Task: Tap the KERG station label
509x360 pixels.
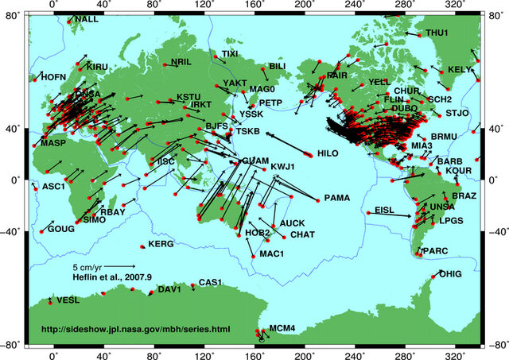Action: click(161, 244)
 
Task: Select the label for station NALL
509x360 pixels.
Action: click(87, 19)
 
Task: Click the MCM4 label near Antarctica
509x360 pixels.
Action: click(282, 327)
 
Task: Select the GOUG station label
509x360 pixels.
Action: click(60, 229)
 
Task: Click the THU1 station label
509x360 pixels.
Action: click(437, 33)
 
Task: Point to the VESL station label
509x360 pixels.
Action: click(68, 300)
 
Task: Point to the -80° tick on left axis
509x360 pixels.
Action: click(14, 345)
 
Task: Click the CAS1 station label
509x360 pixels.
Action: click(210, 282)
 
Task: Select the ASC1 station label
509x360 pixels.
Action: click(52, 187)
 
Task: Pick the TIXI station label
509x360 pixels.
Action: click(229, 54)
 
